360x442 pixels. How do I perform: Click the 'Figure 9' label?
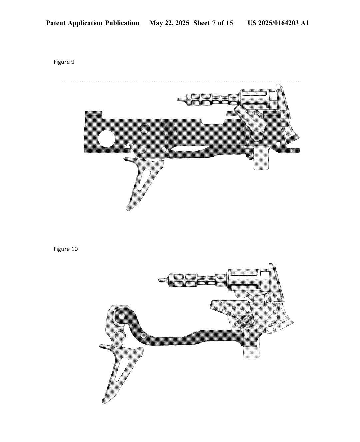[x=64, y=62]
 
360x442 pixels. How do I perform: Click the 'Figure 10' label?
[x=66, y=249]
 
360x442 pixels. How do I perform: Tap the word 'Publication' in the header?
[x=122, y=23]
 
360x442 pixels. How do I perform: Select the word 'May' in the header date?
[x=156, y=23]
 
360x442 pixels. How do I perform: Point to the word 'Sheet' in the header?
[x=202, y=23]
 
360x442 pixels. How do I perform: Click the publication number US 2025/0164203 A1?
[x=278, y=23]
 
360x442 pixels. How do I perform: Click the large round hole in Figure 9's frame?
[x=106, y=138]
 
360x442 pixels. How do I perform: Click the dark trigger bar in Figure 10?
[x=187, y=338]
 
